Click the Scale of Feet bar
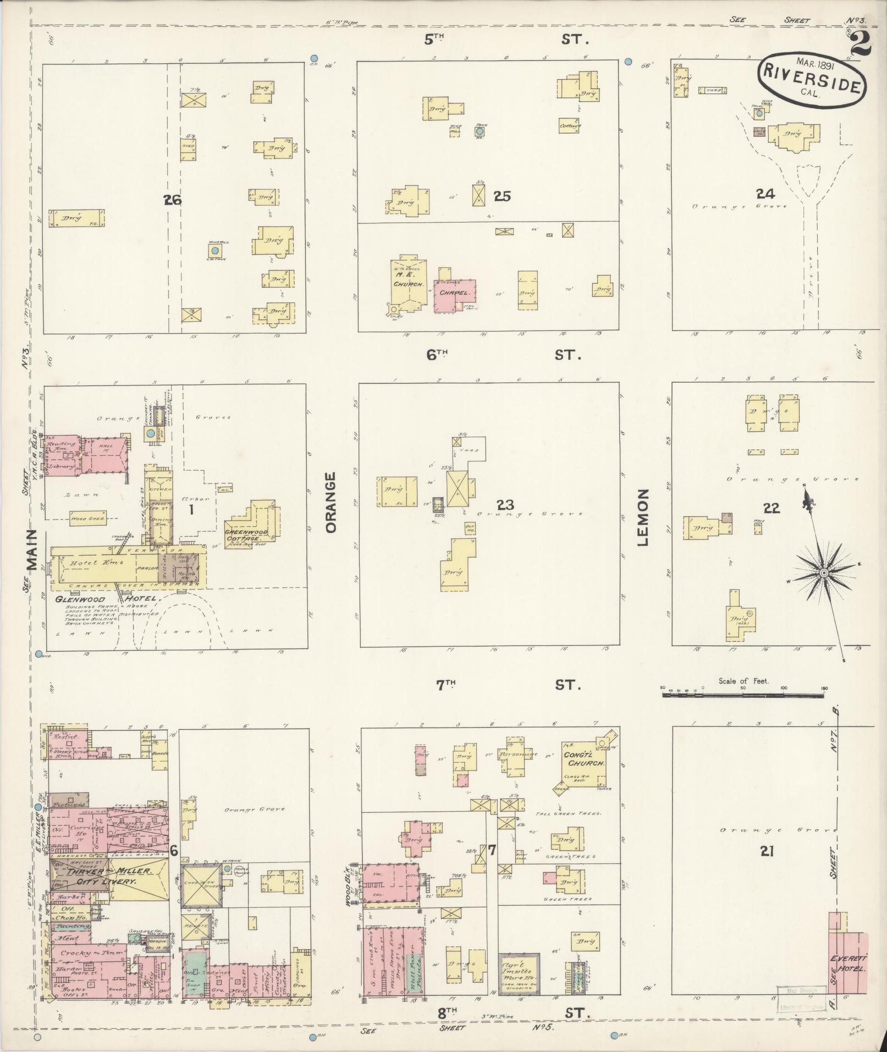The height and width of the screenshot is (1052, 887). (x=744, y=695)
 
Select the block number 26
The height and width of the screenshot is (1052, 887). (x=172, y=200)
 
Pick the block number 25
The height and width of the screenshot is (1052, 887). (x=502, y=196)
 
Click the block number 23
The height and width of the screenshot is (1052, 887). (x=504, y=504)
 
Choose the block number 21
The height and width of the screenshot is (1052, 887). (x=767, y=867)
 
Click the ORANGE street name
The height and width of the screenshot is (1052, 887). (x=330, y=502)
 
